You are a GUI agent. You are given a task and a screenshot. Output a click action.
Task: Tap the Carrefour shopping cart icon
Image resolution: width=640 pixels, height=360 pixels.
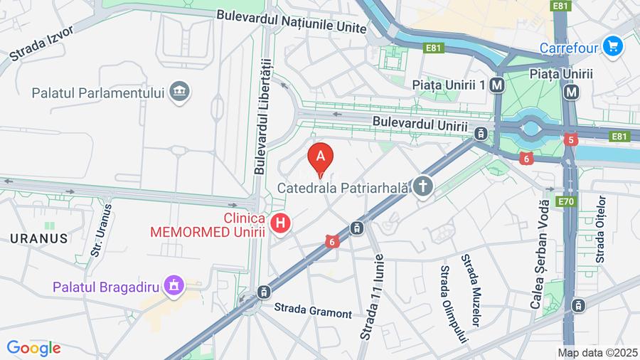pyautogui.click(x=612, y=47)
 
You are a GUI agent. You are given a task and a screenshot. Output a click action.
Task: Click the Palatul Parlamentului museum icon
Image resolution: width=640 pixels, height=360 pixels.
pyautogui.click(x=181, y=92)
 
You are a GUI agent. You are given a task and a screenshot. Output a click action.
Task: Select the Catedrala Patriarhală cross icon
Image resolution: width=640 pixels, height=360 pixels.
pyautogui.click(x=423, y=187)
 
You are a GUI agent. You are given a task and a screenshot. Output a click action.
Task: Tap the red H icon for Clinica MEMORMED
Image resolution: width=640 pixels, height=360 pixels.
pyautogui.click(x=282, y=223)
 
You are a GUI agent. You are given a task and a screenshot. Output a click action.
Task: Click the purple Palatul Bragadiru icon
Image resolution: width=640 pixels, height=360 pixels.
pyautogui.click(x=173, y=286)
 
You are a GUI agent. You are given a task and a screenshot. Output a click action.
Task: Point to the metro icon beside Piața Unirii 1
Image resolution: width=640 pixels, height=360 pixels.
pyautogui.click(x=497, y=85)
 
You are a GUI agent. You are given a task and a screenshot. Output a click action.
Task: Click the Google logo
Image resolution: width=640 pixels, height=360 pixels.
pyautogui.click(x=33, y=348)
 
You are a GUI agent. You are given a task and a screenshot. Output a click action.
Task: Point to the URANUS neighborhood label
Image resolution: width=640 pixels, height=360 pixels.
pyautogui.click(x=39, y=238)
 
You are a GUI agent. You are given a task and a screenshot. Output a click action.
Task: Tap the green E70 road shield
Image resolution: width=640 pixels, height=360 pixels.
pyautogui.click(x=565, y=201)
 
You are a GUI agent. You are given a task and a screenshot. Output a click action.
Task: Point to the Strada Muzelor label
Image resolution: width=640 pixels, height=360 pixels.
pyautogui.click(x=473, y=289)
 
